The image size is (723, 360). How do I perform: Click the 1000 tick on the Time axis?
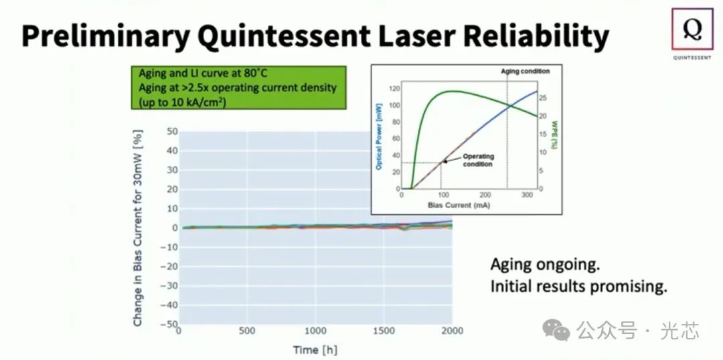point(316,331)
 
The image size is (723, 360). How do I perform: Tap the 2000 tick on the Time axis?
point(451,331)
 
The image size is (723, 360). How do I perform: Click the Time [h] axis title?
point(315,349)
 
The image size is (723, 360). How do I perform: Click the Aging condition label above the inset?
point(526,71)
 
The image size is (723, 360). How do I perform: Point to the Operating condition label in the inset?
point(478,161)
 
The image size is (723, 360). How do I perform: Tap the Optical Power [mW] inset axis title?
point(379,133)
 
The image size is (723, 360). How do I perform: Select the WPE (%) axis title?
point(554,133)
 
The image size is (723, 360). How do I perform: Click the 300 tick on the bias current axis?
point(528,195)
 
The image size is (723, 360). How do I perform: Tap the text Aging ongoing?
point(544,264)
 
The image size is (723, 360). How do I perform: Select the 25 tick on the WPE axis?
point(543,98)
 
